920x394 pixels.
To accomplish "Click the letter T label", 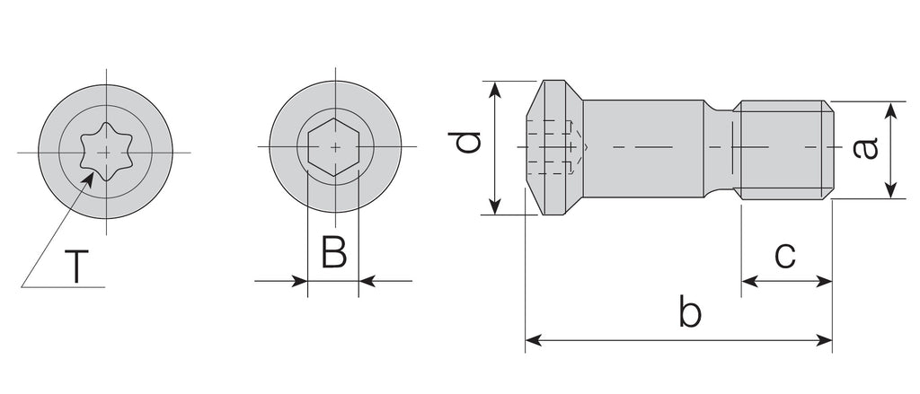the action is (76, 267).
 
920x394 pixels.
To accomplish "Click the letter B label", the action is (334, 252).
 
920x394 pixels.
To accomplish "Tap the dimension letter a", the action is (865, 148).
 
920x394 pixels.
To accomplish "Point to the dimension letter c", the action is (785, 255).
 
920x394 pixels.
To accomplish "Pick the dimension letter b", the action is (690, 311).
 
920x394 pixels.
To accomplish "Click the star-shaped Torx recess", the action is (106, 153).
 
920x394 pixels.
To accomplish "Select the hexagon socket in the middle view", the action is (334, 146).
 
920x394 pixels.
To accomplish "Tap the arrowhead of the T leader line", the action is (87, 179).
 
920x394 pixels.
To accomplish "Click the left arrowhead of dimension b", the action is (533, 340).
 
